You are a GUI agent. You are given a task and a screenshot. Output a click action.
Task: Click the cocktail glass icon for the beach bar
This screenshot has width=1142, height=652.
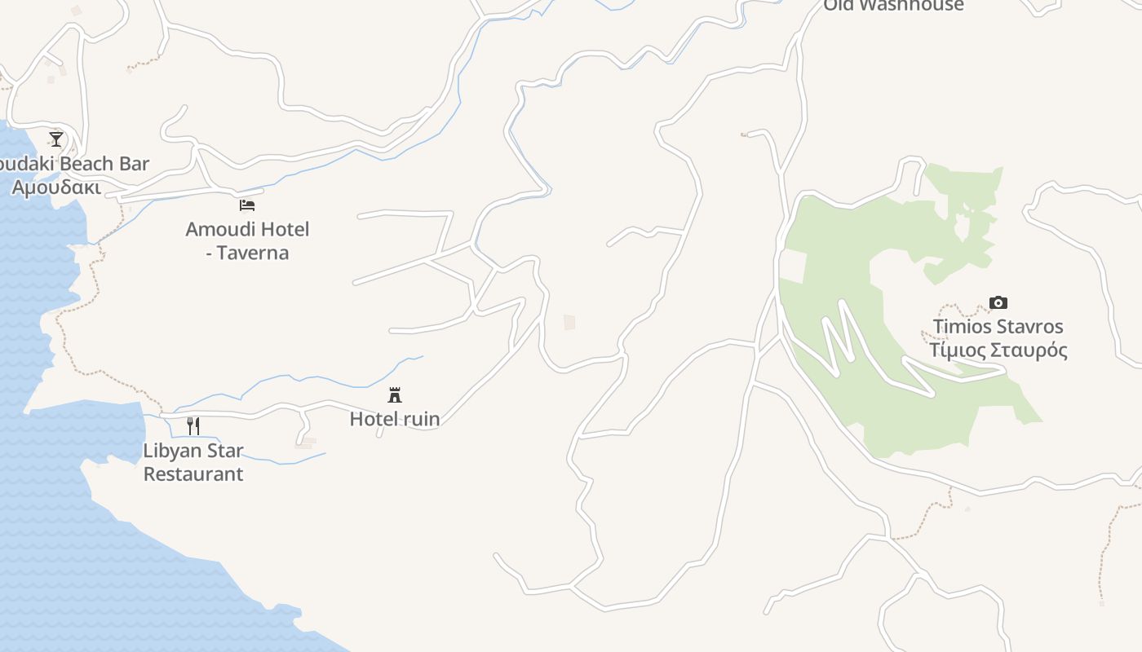[56, 139]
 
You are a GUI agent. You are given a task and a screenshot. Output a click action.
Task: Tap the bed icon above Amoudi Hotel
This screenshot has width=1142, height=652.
[247, 205]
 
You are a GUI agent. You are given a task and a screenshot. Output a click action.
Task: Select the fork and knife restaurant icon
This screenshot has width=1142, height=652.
[193, 425]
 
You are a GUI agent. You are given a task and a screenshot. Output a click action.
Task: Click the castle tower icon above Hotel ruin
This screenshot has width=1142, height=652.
[395, 395]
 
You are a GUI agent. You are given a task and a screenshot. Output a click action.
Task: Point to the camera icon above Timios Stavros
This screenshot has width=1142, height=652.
[998, 303]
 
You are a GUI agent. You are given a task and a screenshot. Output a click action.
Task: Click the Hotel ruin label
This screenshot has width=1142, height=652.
[395, 419]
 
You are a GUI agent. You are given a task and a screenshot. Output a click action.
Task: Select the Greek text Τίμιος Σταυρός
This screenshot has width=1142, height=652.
[998, 350]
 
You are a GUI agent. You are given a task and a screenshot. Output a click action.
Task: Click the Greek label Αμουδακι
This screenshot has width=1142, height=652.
[56, 187]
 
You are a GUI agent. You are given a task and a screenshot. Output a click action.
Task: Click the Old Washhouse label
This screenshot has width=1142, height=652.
[893, 6]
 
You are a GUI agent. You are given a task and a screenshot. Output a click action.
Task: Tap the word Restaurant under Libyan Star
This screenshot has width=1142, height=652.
[193, 474]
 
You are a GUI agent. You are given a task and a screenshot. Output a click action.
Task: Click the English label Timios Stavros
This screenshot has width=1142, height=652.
[998, 327]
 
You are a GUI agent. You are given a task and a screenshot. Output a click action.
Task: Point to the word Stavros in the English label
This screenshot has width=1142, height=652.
[1031, 327]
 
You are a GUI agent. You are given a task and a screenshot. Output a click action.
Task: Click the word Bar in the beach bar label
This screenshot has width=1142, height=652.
[134, 164]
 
